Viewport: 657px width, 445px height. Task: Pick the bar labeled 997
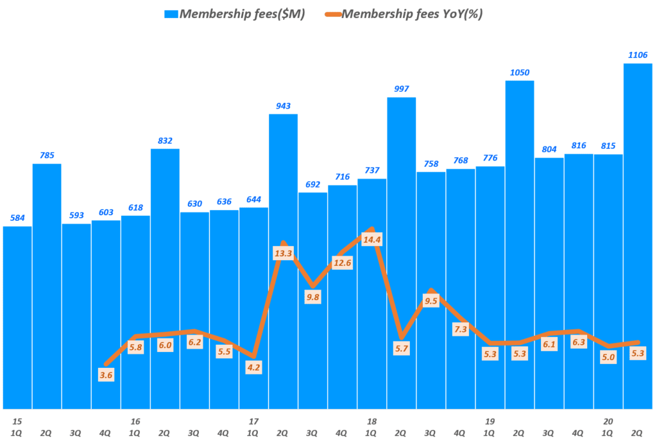click(402, 193)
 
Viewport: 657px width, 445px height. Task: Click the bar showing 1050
click(520, 193)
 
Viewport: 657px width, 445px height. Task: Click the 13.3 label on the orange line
click(283, 253)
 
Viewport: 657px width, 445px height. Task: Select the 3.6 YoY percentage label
click(106, 375)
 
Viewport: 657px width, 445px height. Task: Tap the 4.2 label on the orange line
click(253, 367)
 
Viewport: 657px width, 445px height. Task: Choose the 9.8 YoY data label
click(312, 297)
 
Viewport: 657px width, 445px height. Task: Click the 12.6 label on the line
click(342, 262)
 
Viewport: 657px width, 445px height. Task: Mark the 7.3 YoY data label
click(461, 329)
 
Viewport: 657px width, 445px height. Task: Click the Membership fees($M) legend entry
click(235, 15)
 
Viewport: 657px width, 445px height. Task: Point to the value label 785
click(47, 155)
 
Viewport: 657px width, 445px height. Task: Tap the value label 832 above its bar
click(165, 140)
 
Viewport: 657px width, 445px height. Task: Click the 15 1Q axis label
click(17, 427)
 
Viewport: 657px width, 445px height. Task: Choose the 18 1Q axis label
click(371, 427)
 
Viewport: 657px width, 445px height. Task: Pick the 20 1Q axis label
click(608, 427)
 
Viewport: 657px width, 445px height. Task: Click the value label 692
click(312, 184)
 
